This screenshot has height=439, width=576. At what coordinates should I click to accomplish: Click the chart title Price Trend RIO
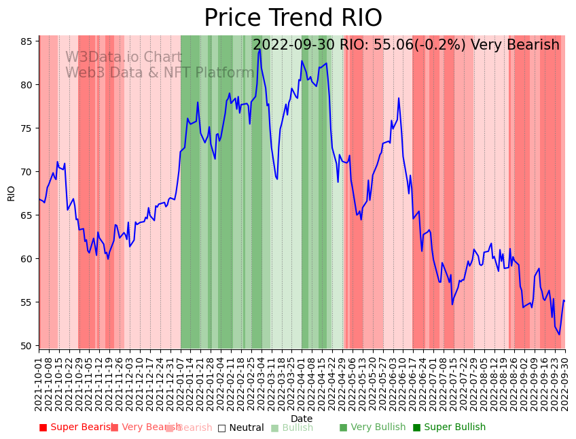point(293,18)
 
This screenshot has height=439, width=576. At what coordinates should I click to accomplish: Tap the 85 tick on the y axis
point(26,41)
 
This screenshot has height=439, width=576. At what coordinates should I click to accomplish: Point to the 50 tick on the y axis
point(26,346)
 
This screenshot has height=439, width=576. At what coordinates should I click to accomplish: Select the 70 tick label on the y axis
point(26,172)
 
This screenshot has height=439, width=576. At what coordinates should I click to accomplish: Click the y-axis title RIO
point(11,193)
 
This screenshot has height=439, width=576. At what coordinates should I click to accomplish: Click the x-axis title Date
point(302,419)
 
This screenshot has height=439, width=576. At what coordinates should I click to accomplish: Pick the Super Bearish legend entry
point(76,427)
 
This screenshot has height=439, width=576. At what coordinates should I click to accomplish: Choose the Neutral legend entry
point(240,428)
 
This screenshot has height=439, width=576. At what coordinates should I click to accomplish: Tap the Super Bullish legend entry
point(449,427)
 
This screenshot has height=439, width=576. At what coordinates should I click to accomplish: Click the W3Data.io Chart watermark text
point(124,58)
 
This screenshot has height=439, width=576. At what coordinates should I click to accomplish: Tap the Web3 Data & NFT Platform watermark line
point(160,73)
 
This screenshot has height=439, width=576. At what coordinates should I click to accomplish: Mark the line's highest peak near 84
point(259,49)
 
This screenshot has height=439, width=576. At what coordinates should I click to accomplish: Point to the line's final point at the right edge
point(564,301)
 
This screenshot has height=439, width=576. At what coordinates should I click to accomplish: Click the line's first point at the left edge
point(39,199)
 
